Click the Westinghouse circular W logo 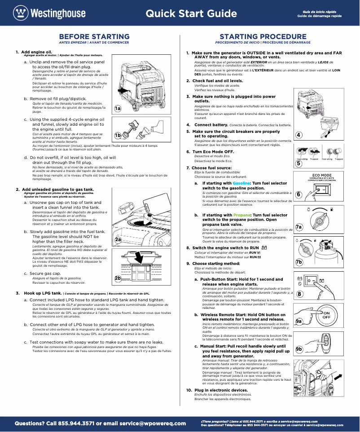click(x=20, y=13)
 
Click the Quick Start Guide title click(x=191, y=13)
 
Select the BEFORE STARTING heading click(x=94, y=36)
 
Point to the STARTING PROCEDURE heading click(x=263, y=36)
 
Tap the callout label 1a click(x=117, y=108)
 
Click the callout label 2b click(x=118, y=278)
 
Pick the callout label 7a click(x=299, y=228)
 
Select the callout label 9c click(x=299, y=388)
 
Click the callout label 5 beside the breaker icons click(x=299, y=163)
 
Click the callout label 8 click(x=299, y=294)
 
